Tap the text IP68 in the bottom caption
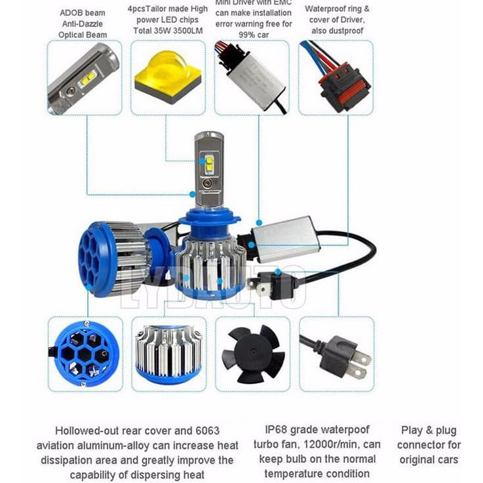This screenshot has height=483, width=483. coord(277,430)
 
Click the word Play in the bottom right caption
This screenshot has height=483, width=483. coord(412,431)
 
